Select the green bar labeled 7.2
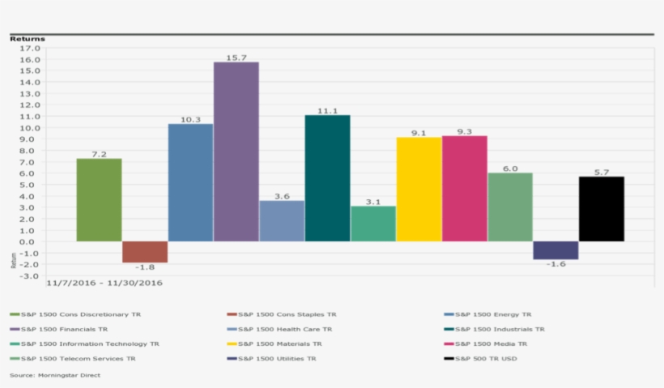click(x=99, y=200)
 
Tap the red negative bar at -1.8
click(x=145, y=252)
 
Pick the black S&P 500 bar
click(x=601, y=209)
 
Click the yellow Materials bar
click(x=419, y=190)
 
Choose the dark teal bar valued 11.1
click(x=327, y=178)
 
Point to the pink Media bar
click(x=464, y=189)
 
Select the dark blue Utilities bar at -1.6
click(x=555, y=250)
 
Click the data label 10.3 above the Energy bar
click(x=190, y=119)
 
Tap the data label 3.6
click(x=282, y=195)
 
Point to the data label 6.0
click(x=509, y=168)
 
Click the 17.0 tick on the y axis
click(x=28, y=48)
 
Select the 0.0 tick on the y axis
click(x=30, y=241)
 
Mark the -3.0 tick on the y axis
click(x=28, y=275)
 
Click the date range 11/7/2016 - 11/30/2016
click(x=104, y=284)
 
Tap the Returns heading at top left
click(x=28, y=38)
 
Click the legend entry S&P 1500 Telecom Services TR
click(x=78, y=358)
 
